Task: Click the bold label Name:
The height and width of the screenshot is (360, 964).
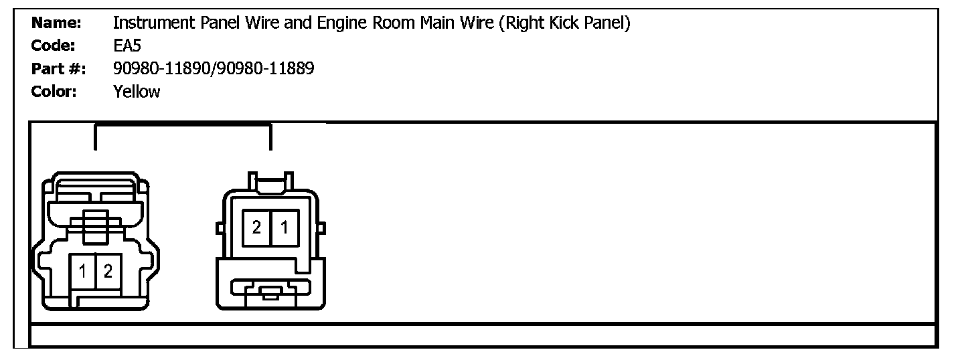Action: (57, 23)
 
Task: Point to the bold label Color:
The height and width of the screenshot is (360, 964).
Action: (54, 91)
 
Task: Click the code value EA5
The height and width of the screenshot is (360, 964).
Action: (127, 46)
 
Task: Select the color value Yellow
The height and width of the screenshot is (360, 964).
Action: (137, 91)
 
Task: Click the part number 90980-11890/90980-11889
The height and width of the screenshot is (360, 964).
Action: (214, 68)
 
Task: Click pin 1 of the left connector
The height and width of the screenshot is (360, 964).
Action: (83, 272)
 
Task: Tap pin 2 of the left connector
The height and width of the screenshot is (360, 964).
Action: (108, 272)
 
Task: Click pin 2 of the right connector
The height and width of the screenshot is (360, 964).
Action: (256, 228)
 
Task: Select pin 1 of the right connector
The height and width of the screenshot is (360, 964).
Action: (284, 228)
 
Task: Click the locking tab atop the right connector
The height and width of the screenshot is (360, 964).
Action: (270, 182)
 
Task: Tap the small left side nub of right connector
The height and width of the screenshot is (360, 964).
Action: (219, 228)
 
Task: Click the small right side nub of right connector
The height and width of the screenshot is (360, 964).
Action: (322, 228)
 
